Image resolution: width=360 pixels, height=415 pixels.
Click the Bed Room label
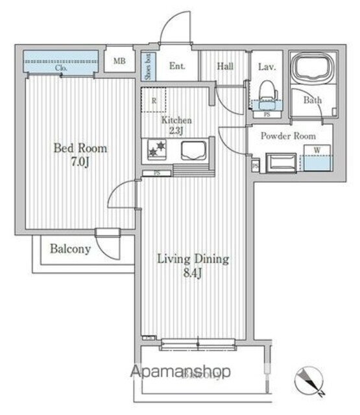[80, 148]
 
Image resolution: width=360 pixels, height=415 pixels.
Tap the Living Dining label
[193, 259]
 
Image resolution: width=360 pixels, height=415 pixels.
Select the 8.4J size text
[193, 274]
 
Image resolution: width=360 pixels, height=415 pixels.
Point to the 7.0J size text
[80, 162]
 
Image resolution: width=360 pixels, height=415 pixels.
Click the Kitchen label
[176, 121]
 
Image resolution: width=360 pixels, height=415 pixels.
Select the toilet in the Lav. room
[266, 93]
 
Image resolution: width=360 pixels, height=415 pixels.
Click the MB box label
[119, 62]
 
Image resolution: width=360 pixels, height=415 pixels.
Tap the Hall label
[225, 65]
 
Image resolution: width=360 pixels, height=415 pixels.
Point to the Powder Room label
[288, 136]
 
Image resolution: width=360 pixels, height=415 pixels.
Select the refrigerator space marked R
[154, 101]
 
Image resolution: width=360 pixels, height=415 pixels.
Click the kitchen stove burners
[156, 150]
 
